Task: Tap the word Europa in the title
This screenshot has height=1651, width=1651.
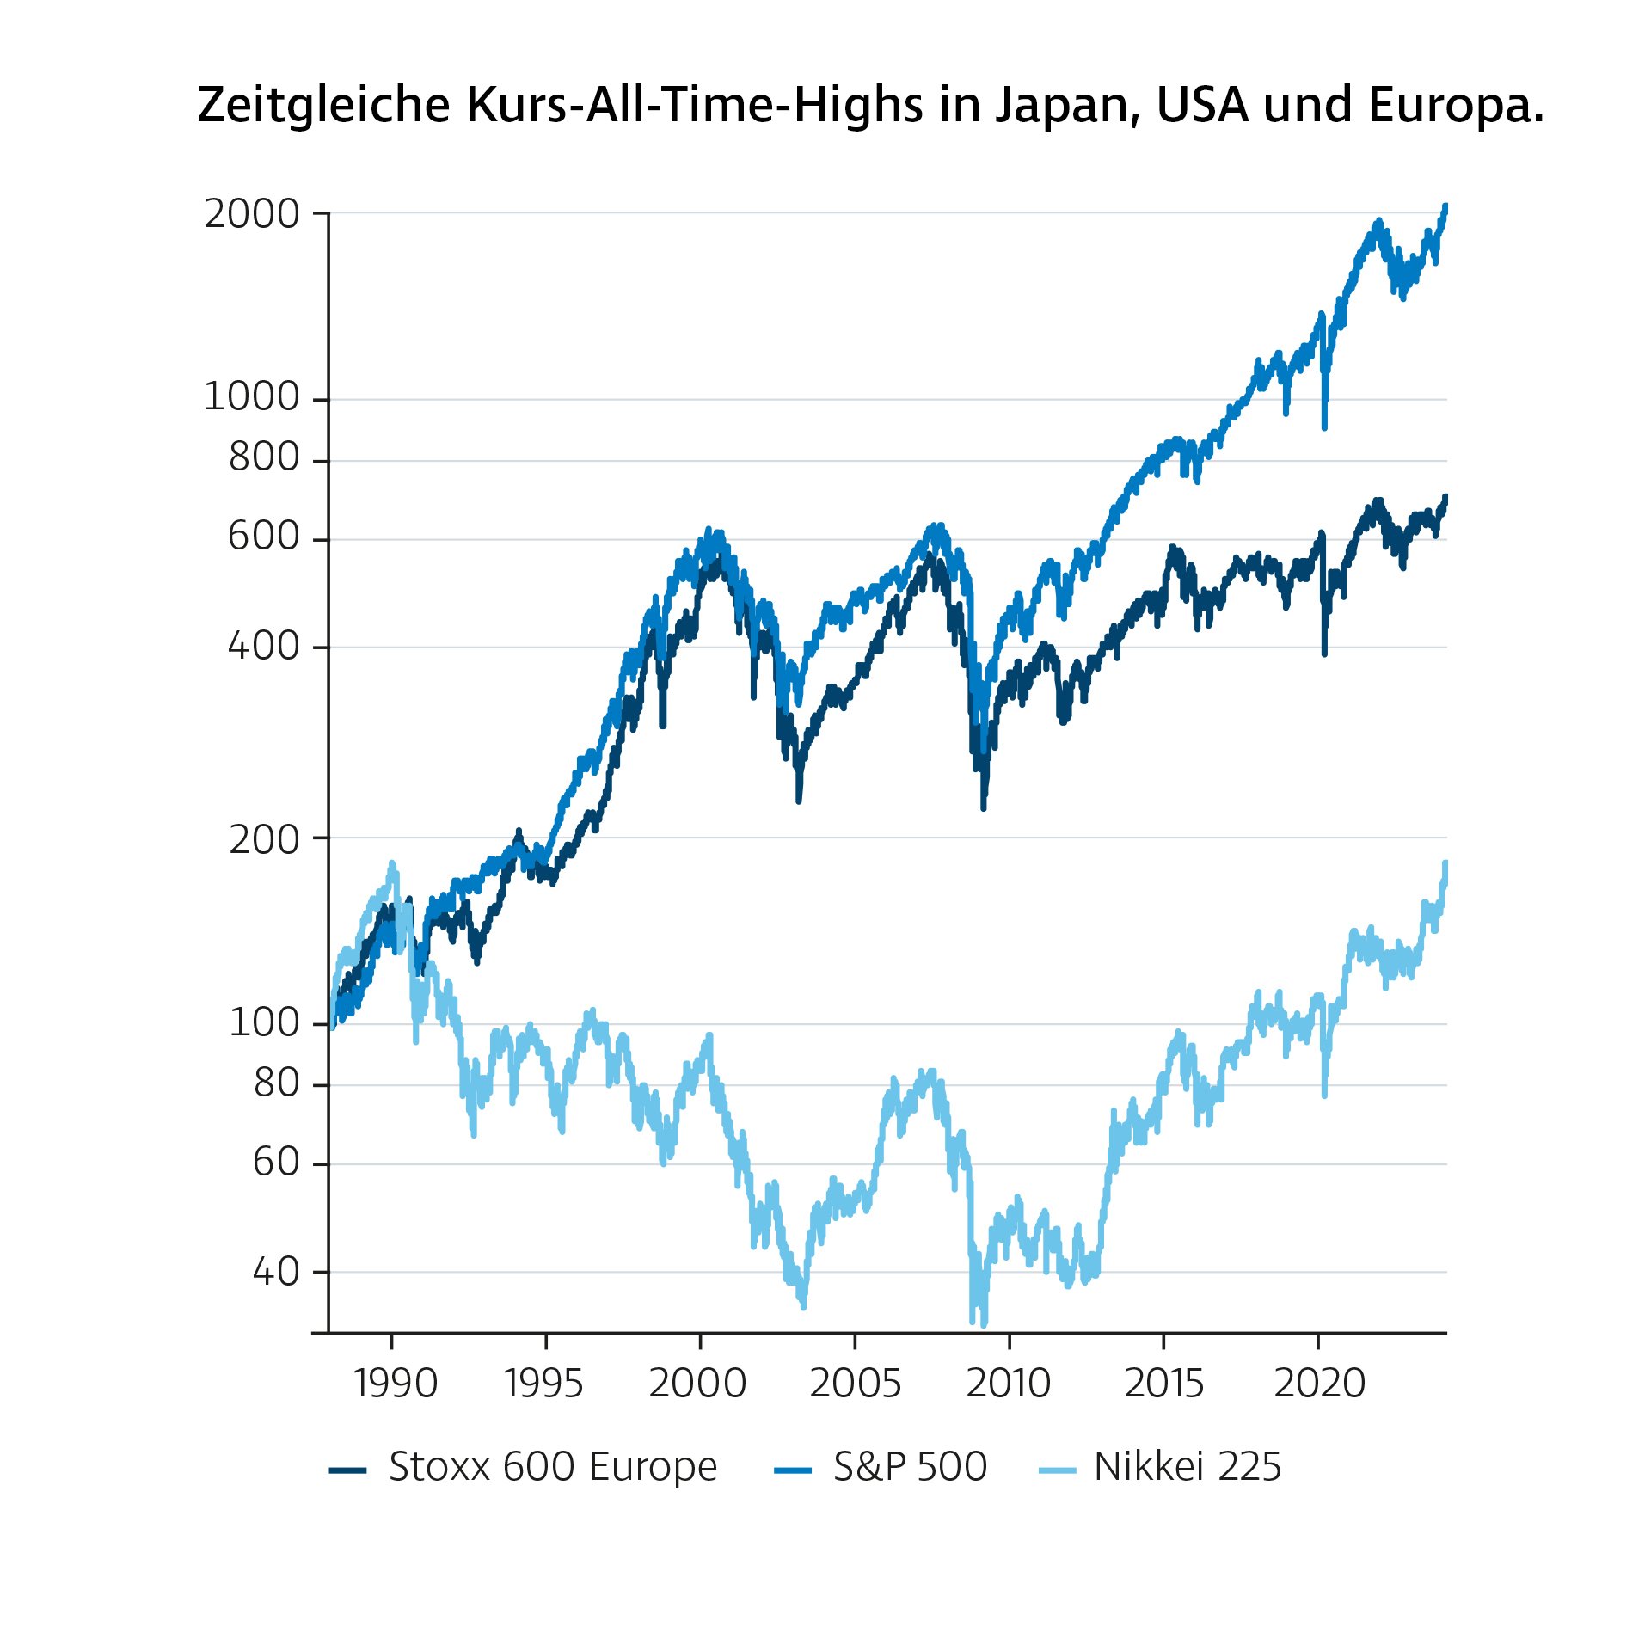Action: pos(1456,107)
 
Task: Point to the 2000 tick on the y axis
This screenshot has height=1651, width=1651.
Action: pos(251,214)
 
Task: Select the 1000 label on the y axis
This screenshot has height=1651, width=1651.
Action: pos(251,397)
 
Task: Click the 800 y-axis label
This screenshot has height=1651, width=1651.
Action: pos(263,457)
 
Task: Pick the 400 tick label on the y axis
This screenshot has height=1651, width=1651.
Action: pos(263,646)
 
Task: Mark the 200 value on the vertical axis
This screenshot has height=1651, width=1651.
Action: pos(263,840)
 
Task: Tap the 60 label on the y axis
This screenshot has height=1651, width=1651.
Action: pos(275,1163)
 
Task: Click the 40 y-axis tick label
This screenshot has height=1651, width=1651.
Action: pos(275,1272)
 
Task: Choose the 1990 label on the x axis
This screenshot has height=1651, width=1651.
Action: pos(395,1384)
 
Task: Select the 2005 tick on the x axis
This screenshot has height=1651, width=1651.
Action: pos(855,1384)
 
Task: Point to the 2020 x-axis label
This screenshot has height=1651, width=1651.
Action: pos(1319,1384)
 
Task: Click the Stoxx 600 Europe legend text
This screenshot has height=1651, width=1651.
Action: pos(552,1467)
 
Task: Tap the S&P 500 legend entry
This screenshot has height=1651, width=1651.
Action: pos(910,1467)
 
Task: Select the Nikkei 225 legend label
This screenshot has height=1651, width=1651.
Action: pos(1187,1467)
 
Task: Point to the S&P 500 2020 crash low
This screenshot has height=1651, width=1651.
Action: pos(1324,427)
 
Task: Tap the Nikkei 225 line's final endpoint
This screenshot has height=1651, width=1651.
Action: pos(1445,862)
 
